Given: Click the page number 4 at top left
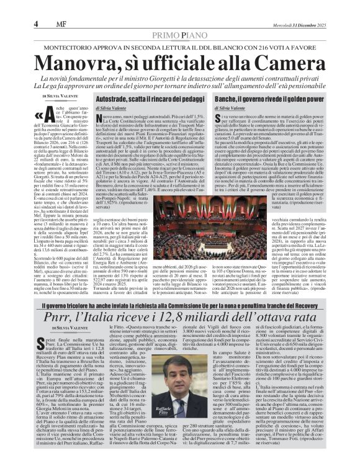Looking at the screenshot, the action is tap(37, 24).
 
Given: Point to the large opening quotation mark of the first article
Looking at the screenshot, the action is tap(47, 118).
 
